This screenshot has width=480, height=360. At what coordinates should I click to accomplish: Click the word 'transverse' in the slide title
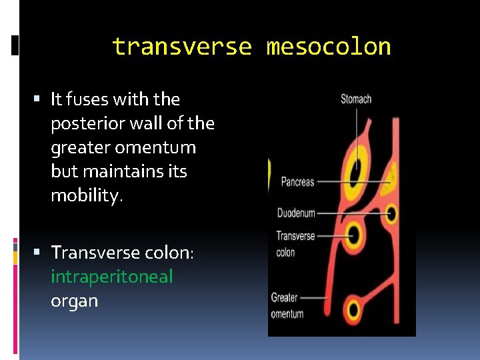182,47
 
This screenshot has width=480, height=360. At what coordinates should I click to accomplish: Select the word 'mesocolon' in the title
329,47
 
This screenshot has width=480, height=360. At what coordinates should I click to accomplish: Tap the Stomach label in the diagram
356,99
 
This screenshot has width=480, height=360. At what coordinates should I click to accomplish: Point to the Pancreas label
297,181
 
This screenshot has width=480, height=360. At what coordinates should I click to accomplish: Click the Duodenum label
296,213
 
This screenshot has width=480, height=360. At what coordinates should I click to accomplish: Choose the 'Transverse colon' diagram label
295,243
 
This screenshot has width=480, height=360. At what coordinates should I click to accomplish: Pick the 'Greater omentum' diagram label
287,305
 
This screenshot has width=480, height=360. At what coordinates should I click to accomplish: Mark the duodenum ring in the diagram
392,214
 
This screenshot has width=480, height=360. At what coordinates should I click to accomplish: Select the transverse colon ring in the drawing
354,234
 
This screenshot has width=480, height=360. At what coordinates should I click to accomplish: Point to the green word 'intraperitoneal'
112,277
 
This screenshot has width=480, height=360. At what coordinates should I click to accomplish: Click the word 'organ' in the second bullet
74,301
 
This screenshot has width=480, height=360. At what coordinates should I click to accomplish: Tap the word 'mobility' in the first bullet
85,195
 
